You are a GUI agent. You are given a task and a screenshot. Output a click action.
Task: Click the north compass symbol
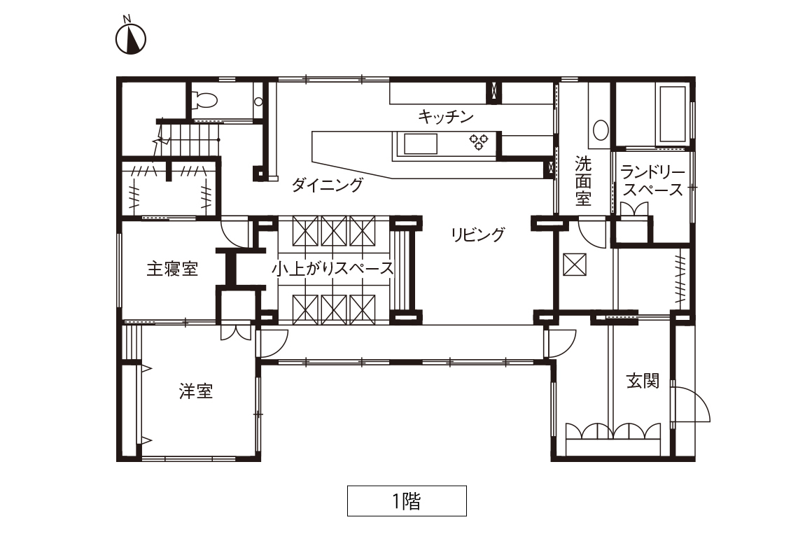(x=130, y=36)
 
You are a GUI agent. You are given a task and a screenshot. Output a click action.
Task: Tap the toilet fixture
(x=204, y=99)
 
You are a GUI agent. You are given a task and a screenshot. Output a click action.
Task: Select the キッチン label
(x=446, y=116)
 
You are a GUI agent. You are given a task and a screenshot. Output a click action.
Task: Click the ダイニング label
(x=328, y=184)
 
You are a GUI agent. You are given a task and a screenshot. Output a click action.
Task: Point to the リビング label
(x=477, y=234)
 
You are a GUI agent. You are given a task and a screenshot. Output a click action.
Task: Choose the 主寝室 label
(x=172, y=269)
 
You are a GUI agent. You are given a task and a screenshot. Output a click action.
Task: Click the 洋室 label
(x=196, y=391)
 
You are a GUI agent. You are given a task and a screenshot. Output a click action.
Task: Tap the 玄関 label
(x=643, y=381)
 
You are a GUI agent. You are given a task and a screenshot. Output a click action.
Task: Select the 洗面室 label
(x=583, y=181)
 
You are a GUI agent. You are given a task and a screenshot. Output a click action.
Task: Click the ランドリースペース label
(x=653, y=181)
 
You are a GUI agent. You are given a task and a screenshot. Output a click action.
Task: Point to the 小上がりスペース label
(x=332, y=268)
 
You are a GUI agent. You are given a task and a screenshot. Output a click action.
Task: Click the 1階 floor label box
(x=407, y=500)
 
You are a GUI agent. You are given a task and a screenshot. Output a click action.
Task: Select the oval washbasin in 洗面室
(x=601, y=130)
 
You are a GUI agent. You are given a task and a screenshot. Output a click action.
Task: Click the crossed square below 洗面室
(x=574, y=264)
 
